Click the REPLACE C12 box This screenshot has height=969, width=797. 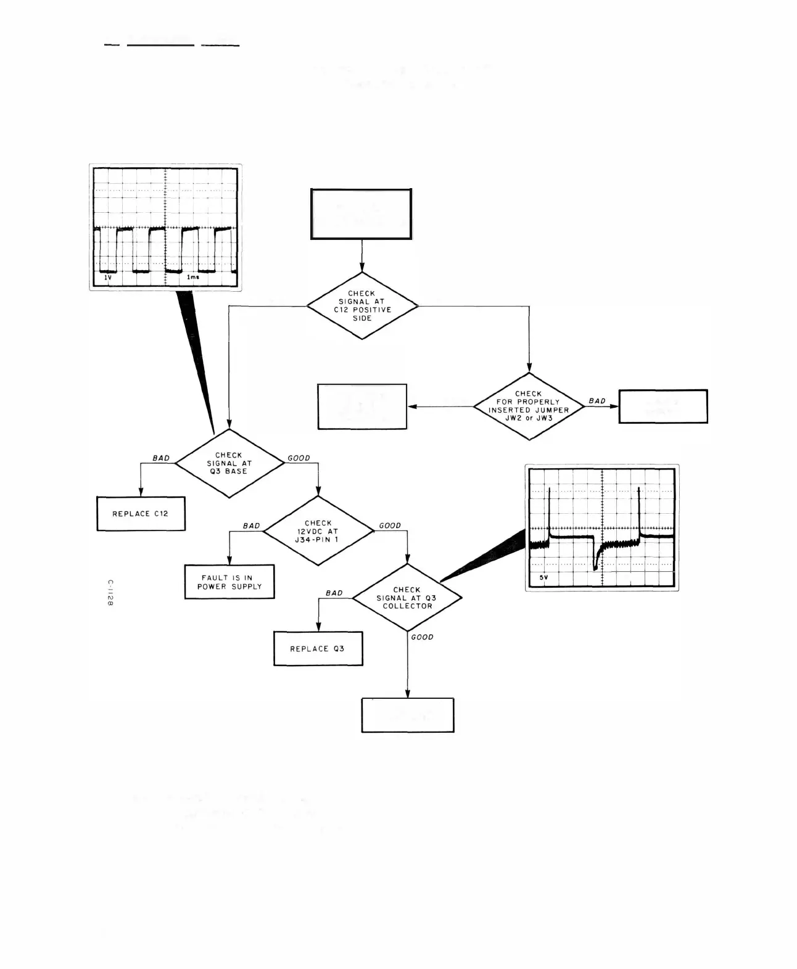click(x=141, y=513)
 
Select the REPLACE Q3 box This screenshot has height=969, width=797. click(x=318, y=648)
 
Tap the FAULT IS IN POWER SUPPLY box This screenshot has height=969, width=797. click(x=229, y=582)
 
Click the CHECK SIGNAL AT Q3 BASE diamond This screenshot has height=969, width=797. click(x=229, y=463)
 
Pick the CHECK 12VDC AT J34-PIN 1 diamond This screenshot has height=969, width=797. click(x=318, y=530)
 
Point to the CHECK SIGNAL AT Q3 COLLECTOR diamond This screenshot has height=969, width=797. click(x=407, y=598)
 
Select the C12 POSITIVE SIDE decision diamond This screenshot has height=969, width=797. click(x=362, y=305)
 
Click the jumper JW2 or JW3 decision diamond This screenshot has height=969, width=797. click(x=529, y=406)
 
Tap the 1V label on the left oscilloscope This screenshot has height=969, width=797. click(x=107, y=278)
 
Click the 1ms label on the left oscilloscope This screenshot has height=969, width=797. click(x=193, y=278)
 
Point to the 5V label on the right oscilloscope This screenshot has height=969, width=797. click(x=543, y=577)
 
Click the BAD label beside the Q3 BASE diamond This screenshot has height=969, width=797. click(x=161, y=458)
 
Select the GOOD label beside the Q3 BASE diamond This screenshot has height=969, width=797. click(x=299, y=458)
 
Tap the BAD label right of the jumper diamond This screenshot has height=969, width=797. click(x=597, y=401)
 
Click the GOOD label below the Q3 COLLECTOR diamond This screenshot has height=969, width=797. click(x=422, y=637)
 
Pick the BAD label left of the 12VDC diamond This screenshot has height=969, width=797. click(x=251, y=526)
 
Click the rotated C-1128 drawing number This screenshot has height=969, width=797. click(x=110, y=593)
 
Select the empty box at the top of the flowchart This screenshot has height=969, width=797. click(x=361, y=214)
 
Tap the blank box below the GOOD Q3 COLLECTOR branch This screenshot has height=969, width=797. click(x=408, y=715)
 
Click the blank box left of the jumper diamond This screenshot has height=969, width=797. click(x=362, y=406)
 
